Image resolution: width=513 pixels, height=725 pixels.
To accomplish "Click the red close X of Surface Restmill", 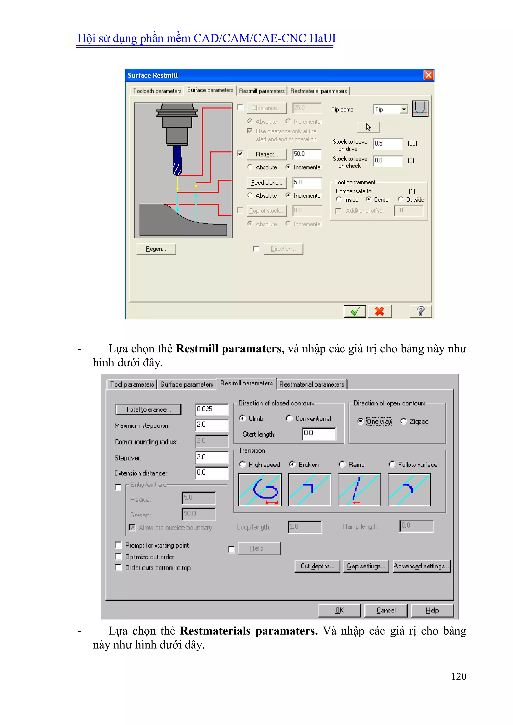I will click(x=428, y=75).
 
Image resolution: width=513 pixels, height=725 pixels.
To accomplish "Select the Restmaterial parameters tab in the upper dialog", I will click(x=318, y=91).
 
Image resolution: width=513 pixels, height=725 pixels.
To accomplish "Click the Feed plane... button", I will click(x=267, y=183).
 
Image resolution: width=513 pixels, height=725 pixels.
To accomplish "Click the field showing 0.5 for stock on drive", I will click(x=388, y=144).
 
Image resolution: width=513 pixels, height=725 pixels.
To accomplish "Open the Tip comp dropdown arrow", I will click(x=403, y=110).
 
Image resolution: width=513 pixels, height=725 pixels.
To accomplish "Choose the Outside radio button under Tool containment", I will click(x=401, y=199).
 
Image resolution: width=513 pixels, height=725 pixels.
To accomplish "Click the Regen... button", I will click(x=156, y=249).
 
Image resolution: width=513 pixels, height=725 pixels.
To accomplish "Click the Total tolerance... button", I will click(x=149, y=409).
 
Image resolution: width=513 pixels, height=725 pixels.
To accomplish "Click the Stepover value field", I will click(x=212, y=457).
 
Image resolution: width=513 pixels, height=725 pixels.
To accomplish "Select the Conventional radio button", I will click(x=289, y=418).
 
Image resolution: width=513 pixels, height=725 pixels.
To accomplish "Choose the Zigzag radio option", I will click(x=403, y=421).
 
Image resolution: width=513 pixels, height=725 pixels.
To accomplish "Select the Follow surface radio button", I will click(x=392, y=464).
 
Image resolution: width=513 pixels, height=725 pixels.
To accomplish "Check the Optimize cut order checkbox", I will click(x=119, y=557).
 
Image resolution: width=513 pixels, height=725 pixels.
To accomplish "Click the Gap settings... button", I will click(x=366, y=566).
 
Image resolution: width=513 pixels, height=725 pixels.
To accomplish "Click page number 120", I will click(x=459, y=676).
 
